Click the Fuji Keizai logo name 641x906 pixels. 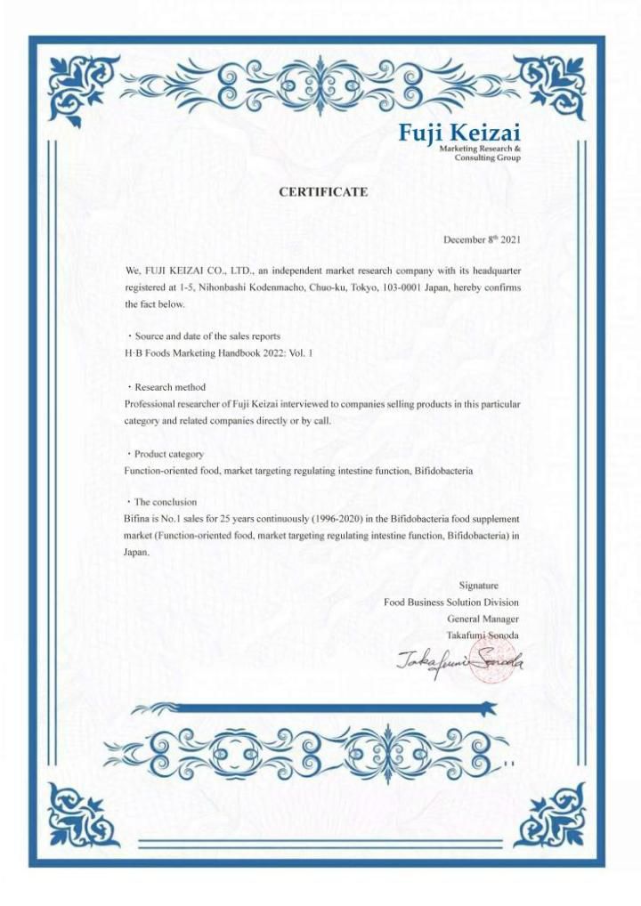click(x=458, y=133)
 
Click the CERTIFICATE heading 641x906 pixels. click(x=323, y=191)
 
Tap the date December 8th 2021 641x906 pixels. click(x=482, y=239)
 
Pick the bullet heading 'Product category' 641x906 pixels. click(x=168, y=454)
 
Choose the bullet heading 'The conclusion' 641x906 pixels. click(x=165, y=502)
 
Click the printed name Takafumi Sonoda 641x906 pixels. click(x=483, y=635)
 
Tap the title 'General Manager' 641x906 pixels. click(x=483, y=619)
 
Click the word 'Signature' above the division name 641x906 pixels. click(x=478, y=585)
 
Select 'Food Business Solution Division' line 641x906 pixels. click(x=451, y=602)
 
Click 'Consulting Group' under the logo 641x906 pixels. click(x=488, y=158)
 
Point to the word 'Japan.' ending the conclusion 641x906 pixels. click(x=136, y=552)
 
